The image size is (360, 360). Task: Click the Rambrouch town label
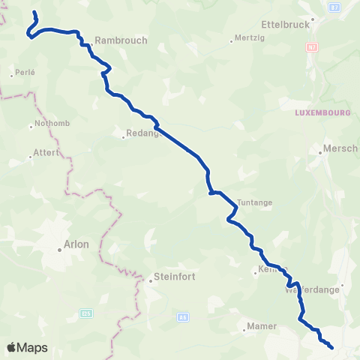click(x=121, y=40)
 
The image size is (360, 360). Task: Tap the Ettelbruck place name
click(x=285, y=24)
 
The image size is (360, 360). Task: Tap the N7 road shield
click(x=311, y=46)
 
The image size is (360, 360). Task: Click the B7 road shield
click(x=313, y=5)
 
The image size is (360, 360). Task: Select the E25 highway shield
click(x=87, y=292)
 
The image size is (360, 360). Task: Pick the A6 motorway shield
click(x=182, y=317)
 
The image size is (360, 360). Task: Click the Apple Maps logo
click(x=28, y=347)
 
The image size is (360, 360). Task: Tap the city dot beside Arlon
click(x=61, y=249)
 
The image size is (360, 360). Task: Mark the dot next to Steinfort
click(x=150, y=281)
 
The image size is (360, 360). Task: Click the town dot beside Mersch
click(x=320, y=148)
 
